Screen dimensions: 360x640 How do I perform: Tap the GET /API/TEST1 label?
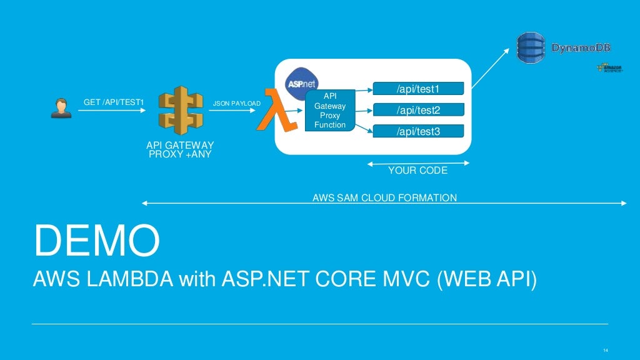pos(114,102)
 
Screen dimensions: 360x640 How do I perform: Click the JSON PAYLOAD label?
pos(237,103)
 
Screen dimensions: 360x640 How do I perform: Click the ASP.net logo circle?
pos(301,82)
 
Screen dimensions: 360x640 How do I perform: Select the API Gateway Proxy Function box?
pos(330,111)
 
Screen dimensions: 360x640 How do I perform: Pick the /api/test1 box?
pos(418,89)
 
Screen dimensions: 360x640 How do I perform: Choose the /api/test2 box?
pos(418,111)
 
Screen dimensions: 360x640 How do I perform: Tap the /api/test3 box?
pos(418,131)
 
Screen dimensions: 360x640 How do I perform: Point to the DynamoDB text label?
pos(581,47)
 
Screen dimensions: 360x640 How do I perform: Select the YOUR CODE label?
pos(417,170)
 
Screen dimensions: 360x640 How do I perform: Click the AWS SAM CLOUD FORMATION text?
pos(384,198)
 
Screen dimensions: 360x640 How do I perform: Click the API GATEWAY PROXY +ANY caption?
pos(180,149)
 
